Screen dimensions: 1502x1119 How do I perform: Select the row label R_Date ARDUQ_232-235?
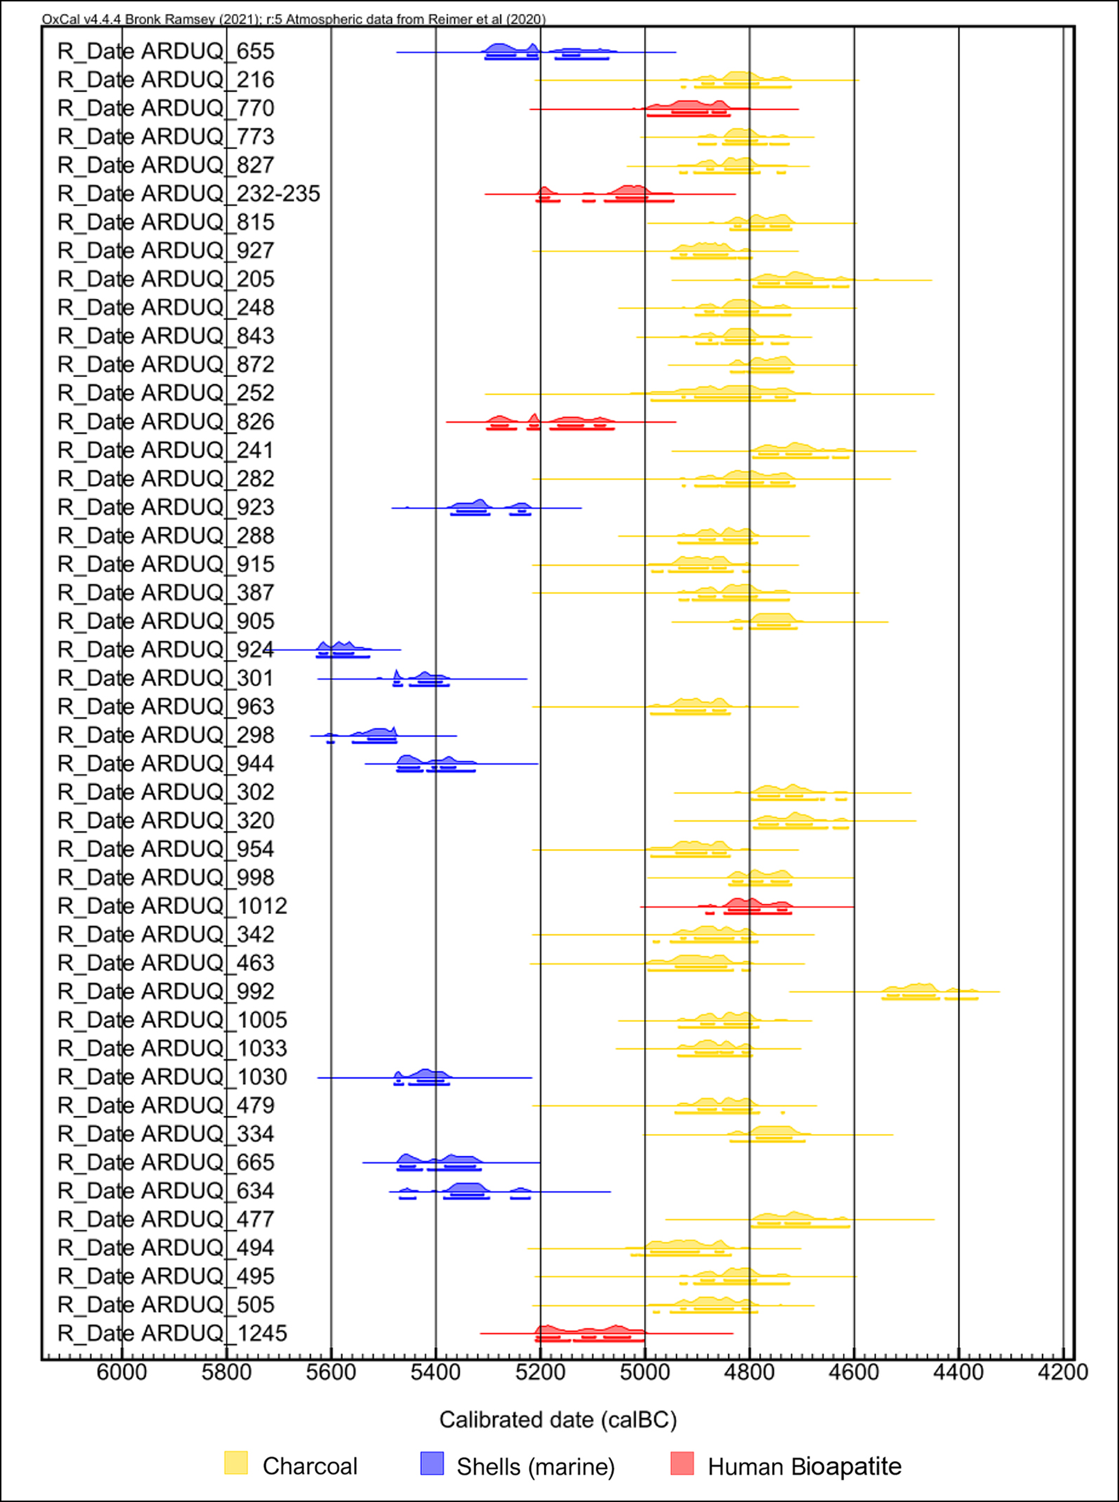188,194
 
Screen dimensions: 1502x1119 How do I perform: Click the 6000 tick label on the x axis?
122,1373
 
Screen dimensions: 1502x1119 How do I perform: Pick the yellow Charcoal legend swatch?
236,1463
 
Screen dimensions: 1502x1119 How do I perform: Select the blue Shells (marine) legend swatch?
432,1463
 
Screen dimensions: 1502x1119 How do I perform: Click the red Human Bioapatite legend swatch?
682,1463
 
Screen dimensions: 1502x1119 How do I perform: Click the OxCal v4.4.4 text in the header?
81,19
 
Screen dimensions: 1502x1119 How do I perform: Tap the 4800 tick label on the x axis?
749,1373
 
